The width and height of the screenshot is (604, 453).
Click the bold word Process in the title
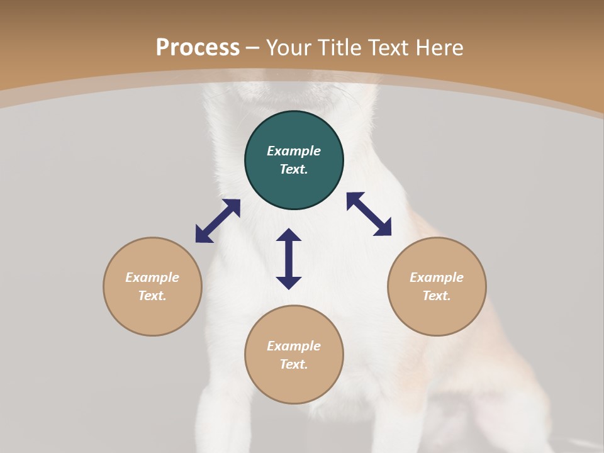(198, 48)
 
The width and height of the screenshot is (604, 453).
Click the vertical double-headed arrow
(289, 259)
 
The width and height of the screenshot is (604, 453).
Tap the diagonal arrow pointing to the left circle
(218, 221)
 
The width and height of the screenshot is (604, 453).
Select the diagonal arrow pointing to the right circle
(369, 214)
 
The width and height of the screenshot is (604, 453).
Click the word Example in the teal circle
(294, 151)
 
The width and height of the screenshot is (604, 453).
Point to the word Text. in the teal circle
(294, 169)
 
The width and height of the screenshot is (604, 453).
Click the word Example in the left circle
(152, 277)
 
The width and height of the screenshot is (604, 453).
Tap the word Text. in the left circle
(152, 296)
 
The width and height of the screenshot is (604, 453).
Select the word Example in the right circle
(437, 277)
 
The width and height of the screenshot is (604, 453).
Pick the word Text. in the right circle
(437, 296)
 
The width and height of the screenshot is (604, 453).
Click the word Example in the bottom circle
(294, 346)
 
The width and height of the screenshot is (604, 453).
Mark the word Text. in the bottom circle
(294, 364)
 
